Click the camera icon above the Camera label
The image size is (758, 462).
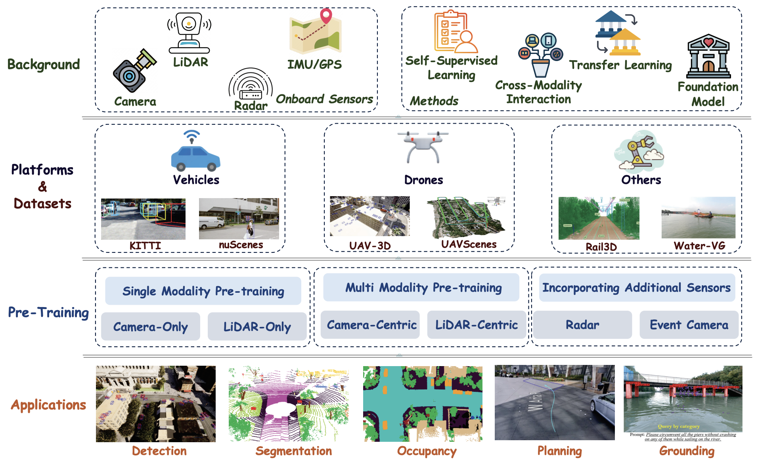[x=134, y=71]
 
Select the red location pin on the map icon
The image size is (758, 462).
[x=326, y=15]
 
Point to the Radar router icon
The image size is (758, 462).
[x=251, y=85]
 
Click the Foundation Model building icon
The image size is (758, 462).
[x=708, y=56]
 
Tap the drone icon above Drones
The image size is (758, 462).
[x=423, y=147]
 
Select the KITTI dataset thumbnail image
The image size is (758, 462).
[x=143, y=219]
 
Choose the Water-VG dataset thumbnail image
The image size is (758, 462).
[x=698, y=218]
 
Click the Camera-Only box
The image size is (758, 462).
[x=151, y=326]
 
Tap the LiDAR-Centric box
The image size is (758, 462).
[x=477, y=325]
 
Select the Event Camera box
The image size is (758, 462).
[x=689, y=325]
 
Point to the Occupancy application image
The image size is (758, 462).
[x=423, y=403]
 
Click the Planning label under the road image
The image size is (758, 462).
[x=559, y=451]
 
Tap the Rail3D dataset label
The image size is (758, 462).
[x=601, y=247]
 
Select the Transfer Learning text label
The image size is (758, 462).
[x=620, y=65]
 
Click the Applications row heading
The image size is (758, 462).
[x=48, y=405]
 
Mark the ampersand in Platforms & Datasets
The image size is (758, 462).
[x=42, y=187]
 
